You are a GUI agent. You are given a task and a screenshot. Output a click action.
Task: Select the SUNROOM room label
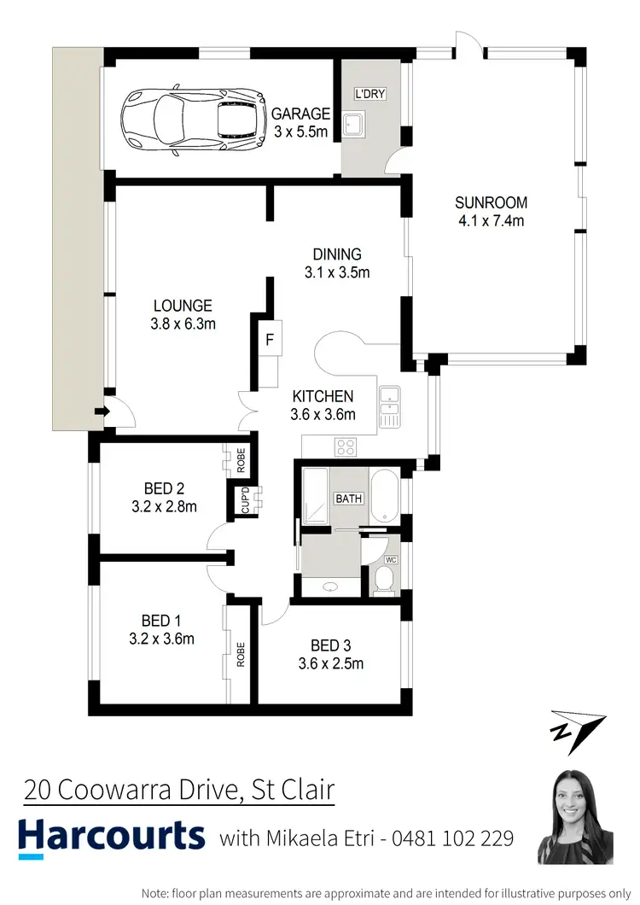[x=491, y=203]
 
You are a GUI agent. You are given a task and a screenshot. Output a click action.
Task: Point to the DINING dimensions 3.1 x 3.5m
[x=337, y=273]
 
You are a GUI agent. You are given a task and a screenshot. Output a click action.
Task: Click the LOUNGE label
[x=183, y=306]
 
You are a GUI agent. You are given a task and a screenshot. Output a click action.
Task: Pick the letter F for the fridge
[x=270, y=340]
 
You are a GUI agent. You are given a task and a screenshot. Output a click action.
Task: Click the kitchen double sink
[x=390, y=406]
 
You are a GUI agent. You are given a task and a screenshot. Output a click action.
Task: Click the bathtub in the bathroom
[x=384, y=495]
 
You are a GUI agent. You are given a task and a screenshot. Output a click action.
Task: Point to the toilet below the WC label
[x=384, y=581]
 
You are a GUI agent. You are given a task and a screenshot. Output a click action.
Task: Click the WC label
[x=392, y=560]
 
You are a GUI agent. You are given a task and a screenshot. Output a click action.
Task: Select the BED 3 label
[x=325, y=645]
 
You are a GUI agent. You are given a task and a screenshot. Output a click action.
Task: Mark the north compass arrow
[x=577, y=730]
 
